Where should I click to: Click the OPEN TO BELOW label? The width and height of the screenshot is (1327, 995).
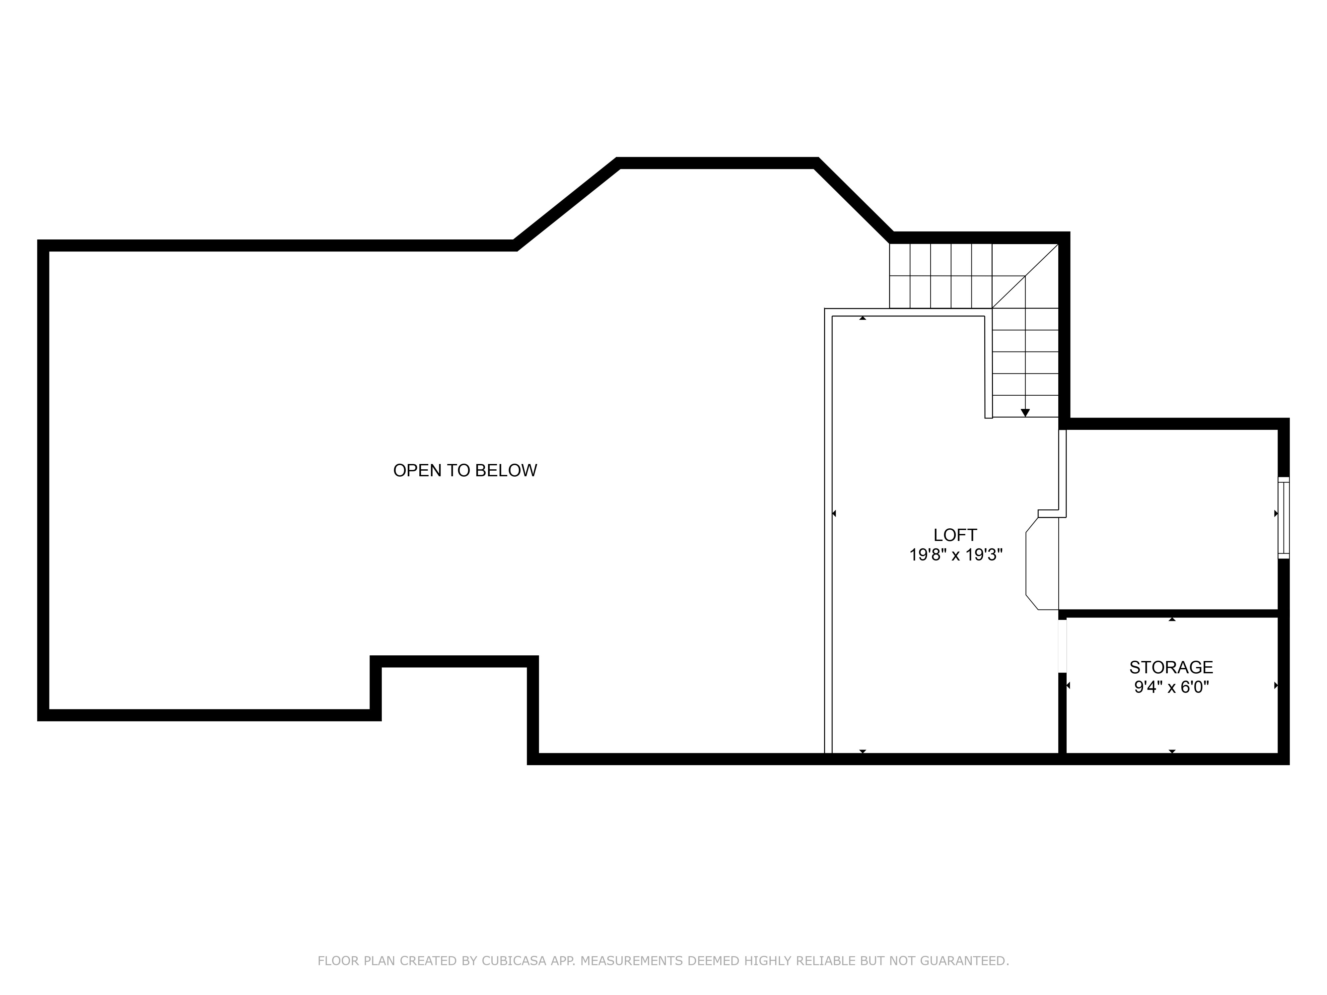pos(465,471)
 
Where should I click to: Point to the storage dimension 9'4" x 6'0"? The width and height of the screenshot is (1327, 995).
pos(1171,687)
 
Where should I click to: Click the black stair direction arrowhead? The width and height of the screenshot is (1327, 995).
pos(1025,413)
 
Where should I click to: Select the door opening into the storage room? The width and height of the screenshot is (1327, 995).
pos(1063,645)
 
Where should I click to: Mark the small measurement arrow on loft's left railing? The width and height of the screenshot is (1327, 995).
pos(834,513)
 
